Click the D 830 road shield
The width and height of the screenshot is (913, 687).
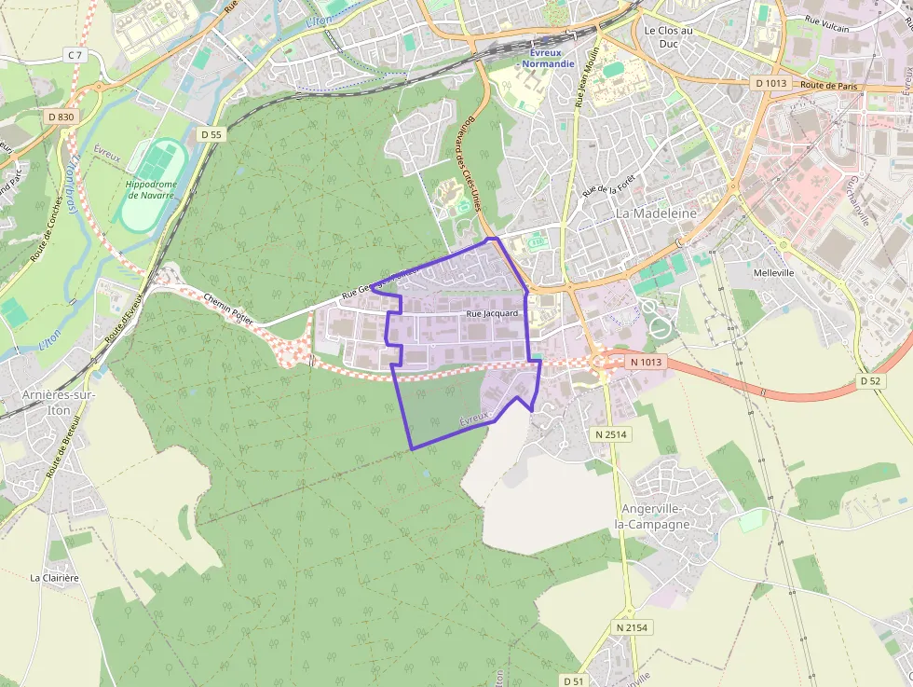point(61,117)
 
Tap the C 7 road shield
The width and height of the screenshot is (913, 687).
point(75,56)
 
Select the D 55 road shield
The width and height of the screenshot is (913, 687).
point(211,134)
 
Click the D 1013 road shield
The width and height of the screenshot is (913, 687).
point(771,83)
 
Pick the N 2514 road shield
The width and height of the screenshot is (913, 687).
point(611,434)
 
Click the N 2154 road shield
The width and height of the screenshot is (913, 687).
point(631,628)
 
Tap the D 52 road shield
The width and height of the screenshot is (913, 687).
point(870,381)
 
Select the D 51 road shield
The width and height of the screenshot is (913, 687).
point(575,680)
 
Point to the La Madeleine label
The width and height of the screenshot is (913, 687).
point(656,213)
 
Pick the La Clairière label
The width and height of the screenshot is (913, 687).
point(54,578)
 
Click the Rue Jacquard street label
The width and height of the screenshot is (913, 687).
point(492,314)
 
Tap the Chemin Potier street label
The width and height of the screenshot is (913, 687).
point(227,310)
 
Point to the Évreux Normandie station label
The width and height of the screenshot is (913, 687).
point(548,58)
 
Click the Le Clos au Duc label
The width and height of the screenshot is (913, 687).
point(669,36)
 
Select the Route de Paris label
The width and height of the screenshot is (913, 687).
point(828,86)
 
